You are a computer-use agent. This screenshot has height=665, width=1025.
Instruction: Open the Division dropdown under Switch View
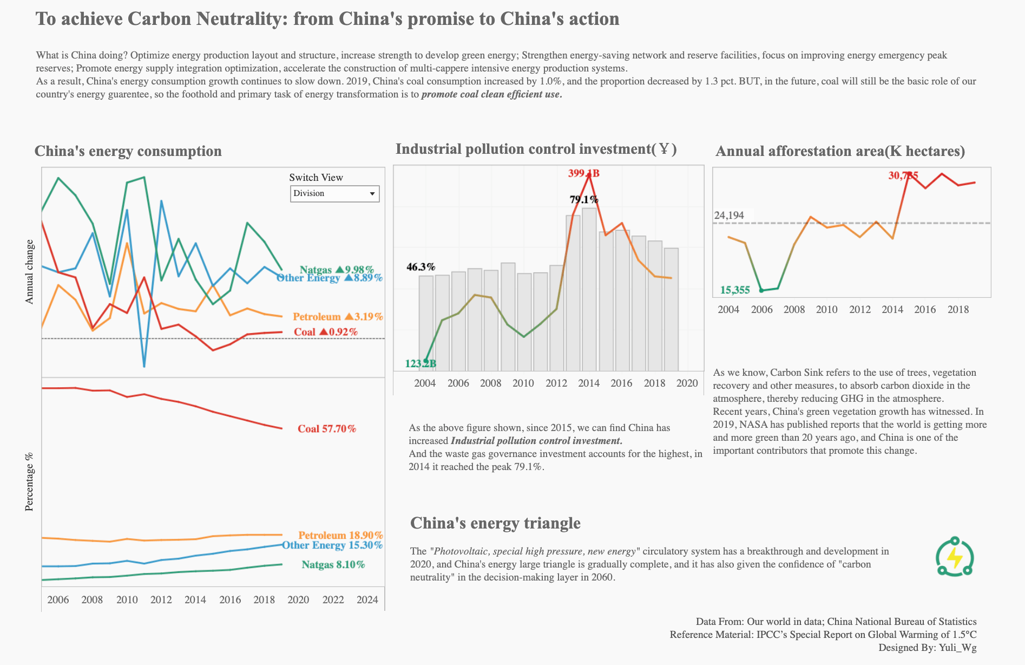click(334, 194)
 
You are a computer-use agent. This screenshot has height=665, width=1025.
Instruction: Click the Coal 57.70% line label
click(326, 429)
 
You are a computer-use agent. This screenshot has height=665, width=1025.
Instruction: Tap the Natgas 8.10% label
click(333, 565)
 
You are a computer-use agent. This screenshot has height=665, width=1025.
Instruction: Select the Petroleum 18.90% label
click(340, 535)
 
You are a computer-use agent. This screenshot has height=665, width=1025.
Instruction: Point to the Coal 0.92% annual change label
click(325, 332)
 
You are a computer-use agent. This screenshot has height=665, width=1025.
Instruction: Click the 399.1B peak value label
click(583, 173)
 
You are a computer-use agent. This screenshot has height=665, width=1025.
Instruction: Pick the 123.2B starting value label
click(420, 363)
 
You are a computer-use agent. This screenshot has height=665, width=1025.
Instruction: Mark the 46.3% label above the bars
click(420, 267)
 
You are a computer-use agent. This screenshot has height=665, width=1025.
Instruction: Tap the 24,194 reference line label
click(729, 216)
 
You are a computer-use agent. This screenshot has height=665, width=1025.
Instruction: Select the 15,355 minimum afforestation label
click(735, 290)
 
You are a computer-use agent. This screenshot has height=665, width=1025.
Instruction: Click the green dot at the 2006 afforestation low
click(761, 291)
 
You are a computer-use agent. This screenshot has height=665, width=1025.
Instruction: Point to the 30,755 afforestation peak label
click(903, 175)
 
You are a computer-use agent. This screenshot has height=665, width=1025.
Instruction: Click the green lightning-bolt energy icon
click(955, 557)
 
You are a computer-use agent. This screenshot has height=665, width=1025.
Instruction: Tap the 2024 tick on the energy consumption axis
click(367, 599)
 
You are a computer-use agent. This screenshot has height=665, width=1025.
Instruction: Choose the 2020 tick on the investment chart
click(687, 383)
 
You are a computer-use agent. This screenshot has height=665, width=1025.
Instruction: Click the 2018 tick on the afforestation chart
click(958, 310)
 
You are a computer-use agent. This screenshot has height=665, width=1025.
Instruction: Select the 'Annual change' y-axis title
click(30, 272)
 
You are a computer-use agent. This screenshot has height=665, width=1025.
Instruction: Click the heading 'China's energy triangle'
click(495, 523)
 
